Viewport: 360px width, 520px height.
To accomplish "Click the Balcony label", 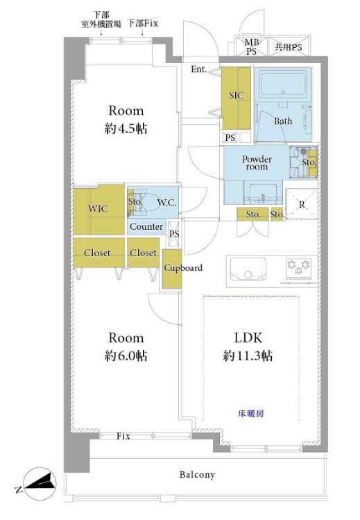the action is (197, 475).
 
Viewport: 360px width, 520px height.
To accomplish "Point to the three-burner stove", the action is (298, 267).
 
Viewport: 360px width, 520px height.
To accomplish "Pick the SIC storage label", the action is (236, 96).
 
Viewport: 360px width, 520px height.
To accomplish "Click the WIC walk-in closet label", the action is (98, 208).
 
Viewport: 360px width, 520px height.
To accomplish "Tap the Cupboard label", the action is (183, 267).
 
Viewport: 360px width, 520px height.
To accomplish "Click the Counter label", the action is (146, 226).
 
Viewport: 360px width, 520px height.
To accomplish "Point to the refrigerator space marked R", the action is (302, 204).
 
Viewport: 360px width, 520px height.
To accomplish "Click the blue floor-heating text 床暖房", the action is (251, 414).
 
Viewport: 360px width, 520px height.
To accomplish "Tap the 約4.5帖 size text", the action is (126, 128).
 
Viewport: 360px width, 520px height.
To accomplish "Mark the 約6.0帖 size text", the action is (126, 356).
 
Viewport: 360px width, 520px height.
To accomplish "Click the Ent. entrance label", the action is (199, 69).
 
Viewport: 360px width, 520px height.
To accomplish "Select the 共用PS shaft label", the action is (289, 47).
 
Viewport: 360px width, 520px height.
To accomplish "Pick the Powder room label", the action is (257, 163).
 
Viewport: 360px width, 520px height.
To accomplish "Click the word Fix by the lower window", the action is (123, 436).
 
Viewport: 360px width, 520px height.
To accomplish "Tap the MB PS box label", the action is (252, 47).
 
